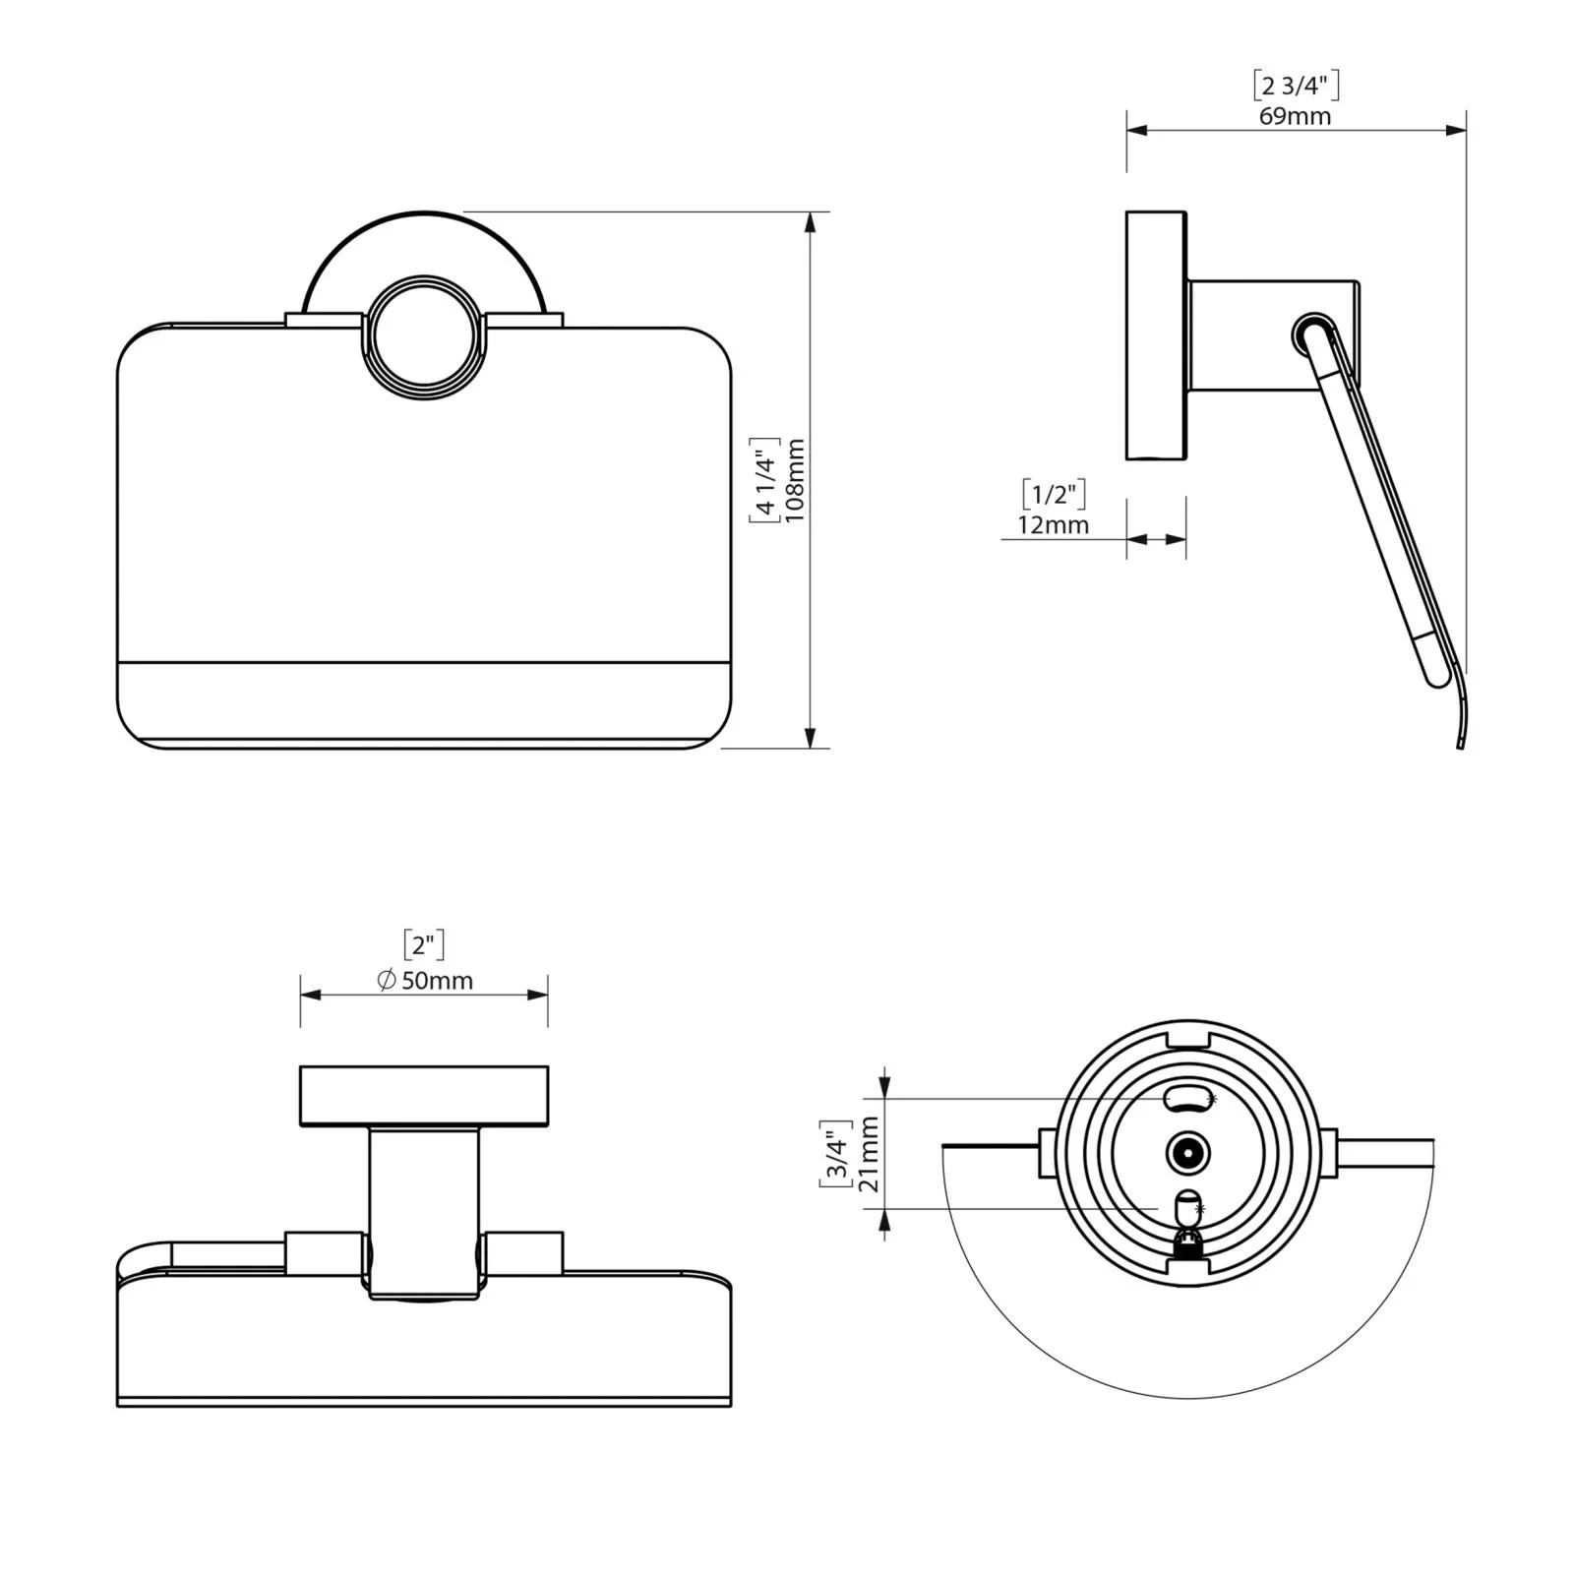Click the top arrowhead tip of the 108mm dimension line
click(811, 212)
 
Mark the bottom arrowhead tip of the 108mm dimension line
click(811, 748)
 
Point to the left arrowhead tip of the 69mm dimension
click(1127, 129)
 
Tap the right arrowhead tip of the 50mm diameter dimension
click(548, 995)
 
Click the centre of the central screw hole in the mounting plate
click(1187, 1152)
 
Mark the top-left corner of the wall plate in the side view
click(1127, 212)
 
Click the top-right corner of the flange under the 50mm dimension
click(548, 1065)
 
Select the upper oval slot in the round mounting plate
click(1187, 1098)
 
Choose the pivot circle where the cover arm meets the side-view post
click(1312, 335)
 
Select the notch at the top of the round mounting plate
click(1187, 1037)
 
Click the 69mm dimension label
click(1296, 116)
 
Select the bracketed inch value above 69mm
click(1296, 86)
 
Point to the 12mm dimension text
click(1054, 525)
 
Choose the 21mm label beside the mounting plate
click(869, 1154)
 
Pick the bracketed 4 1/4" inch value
click(764, 479)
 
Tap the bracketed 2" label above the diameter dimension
click(423, 945)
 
